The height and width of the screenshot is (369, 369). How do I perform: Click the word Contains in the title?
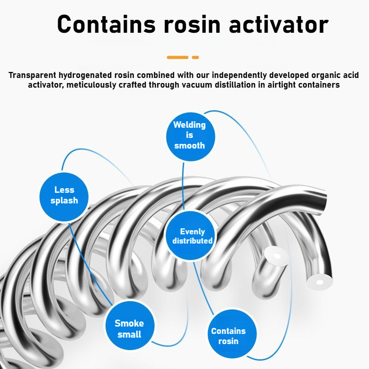106,24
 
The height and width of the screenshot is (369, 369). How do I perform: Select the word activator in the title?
279,24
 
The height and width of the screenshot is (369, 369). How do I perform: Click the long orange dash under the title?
178,57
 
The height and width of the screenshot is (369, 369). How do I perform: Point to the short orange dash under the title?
195,57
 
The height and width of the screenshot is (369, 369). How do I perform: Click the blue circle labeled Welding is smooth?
190,137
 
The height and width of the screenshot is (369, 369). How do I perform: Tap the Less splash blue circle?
64,197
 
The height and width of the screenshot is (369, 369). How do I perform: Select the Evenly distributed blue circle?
190,235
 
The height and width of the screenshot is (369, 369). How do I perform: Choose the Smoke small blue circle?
130,326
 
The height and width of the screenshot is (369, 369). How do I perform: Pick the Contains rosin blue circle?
232,334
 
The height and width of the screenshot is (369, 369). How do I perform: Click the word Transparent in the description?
32,75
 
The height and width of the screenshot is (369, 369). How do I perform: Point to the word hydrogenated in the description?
85,76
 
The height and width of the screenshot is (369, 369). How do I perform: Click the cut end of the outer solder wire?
320,281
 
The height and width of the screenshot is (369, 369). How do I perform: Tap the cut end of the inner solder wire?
276,256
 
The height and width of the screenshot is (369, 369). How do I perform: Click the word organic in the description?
326,76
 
